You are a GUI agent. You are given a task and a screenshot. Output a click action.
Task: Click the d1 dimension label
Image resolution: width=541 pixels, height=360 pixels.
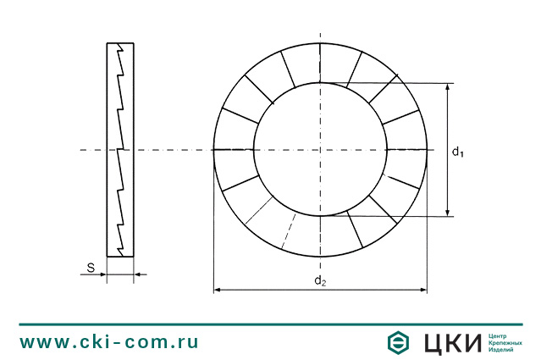tap(457, 152)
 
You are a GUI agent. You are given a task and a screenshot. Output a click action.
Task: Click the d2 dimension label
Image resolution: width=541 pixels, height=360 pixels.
tap(320, 280)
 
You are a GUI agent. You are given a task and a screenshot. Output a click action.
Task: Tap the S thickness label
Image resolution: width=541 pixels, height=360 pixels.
tap(91, 268)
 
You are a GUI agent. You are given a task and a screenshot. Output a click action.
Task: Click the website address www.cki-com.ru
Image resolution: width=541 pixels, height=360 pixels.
tap(109, 341)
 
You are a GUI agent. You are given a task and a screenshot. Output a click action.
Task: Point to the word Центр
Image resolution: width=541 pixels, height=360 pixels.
tap(500, 335)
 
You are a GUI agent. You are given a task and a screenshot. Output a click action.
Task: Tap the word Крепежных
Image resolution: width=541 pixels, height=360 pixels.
tap(505, 342)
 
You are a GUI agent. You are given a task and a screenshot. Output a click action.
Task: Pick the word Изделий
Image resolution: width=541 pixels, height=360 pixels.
tap(502, 350)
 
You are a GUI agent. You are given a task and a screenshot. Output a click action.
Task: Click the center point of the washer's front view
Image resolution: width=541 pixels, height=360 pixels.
tap(320, 150)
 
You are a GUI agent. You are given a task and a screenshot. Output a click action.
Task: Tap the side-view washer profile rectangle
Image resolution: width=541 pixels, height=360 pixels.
tap(120, 149)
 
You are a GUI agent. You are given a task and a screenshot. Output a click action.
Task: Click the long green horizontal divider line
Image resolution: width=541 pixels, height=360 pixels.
tap(270, 324)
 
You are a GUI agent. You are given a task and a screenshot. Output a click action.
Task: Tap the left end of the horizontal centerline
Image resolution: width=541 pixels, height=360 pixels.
tap(81, 150)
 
